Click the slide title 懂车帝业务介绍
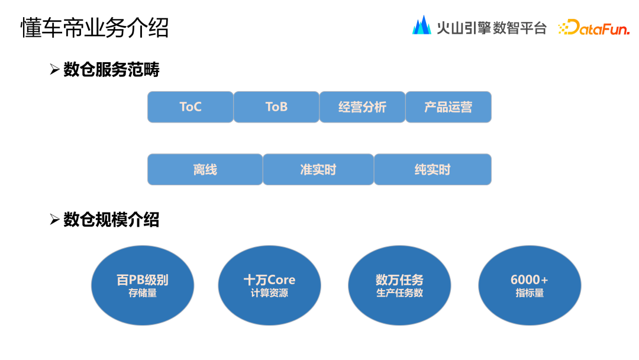[x=95, y=27]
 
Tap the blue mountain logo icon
[x=421, y=25]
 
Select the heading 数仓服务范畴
[x=111, y=70]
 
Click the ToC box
[x=191, y=107]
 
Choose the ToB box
[x=276, y=107]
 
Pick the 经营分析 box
[x=362, y=107]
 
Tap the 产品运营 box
[x=448, y=107]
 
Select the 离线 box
[x=205, y=170]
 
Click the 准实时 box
[x=318, y=170]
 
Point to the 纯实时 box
[x=433, y=170]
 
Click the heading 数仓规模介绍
[x=111, y=220]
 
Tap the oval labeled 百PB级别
[x=143, y=285]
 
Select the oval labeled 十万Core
[x=269, y=285]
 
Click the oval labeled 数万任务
[x=399, y=285]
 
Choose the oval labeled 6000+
[x=530, y=285]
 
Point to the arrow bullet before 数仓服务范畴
[x=55, y=70]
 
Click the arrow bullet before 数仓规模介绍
[x=55, y=220]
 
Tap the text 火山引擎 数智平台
[x=491, y=28]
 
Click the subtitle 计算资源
[x=269, y=293]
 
